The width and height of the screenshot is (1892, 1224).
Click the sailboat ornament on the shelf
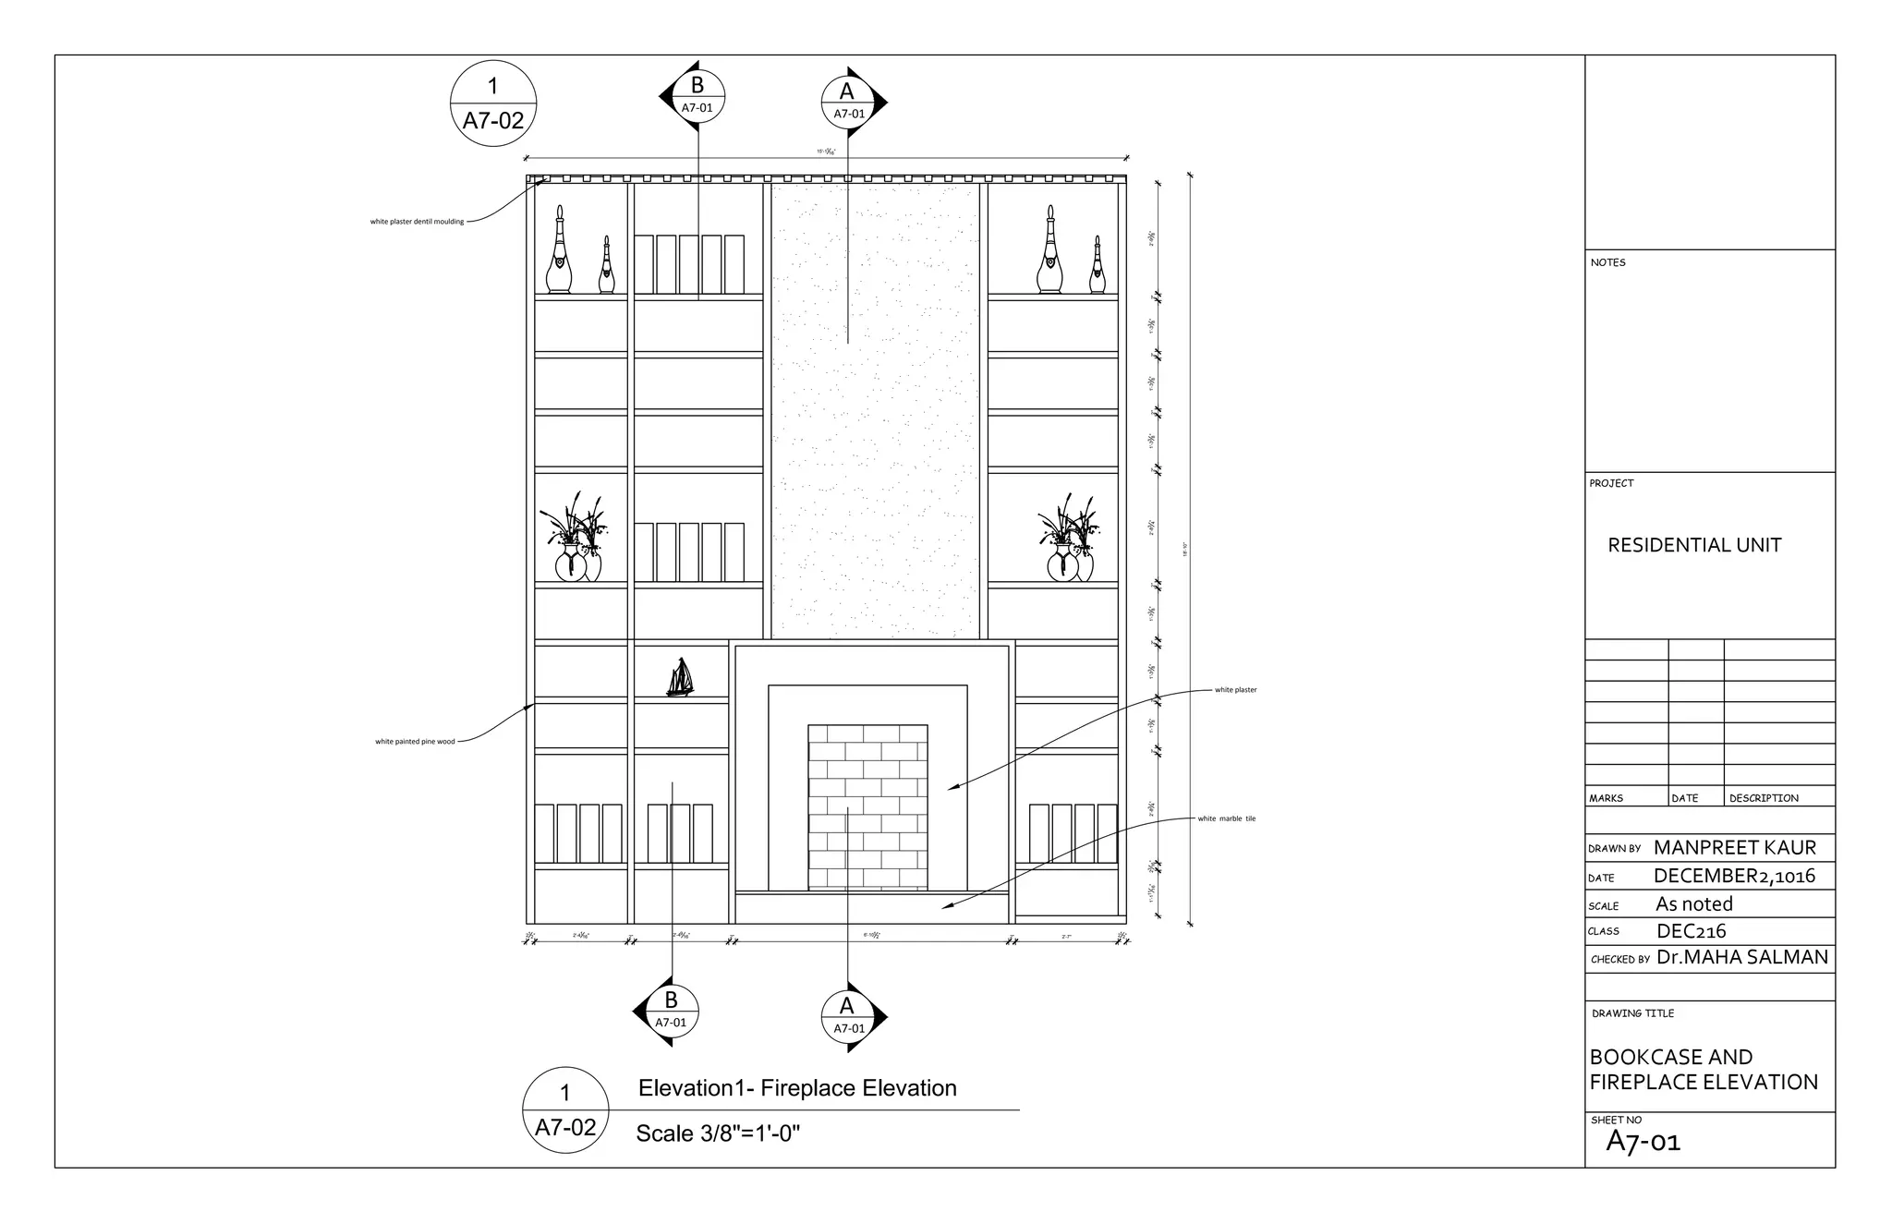(680, 677)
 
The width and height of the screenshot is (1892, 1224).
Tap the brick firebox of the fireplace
(867, 807)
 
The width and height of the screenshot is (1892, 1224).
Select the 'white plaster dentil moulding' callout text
(418, 222)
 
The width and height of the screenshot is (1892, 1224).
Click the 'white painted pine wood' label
(415, 742)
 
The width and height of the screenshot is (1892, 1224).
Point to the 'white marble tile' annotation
(1226, 818)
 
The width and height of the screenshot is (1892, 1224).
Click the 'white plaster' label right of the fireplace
(1235, 690)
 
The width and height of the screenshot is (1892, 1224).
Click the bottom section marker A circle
(848, 1017)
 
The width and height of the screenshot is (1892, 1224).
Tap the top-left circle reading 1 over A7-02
(493, 103)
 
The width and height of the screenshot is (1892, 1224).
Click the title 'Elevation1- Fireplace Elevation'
(797, 1088)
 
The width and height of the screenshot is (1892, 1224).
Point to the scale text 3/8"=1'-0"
(718, 1133)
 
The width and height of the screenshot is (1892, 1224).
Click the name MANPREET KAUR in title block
(1734, 848)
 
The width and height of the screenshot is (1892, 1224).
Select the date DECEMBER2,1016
(1734, 876)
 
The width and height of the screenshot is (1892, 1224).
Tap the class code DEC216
(1691, 931)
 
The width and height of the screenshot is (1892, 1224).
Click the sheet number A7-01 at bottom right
(1643, 1143)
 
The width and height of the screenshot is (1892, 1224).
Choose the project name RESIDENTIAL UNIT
(1694, 545)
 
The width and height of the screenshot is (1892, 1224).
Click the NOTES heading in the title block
(1607, 262)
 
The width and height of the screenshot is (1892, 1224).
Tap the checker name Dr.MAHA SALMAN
(1741, 958)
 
